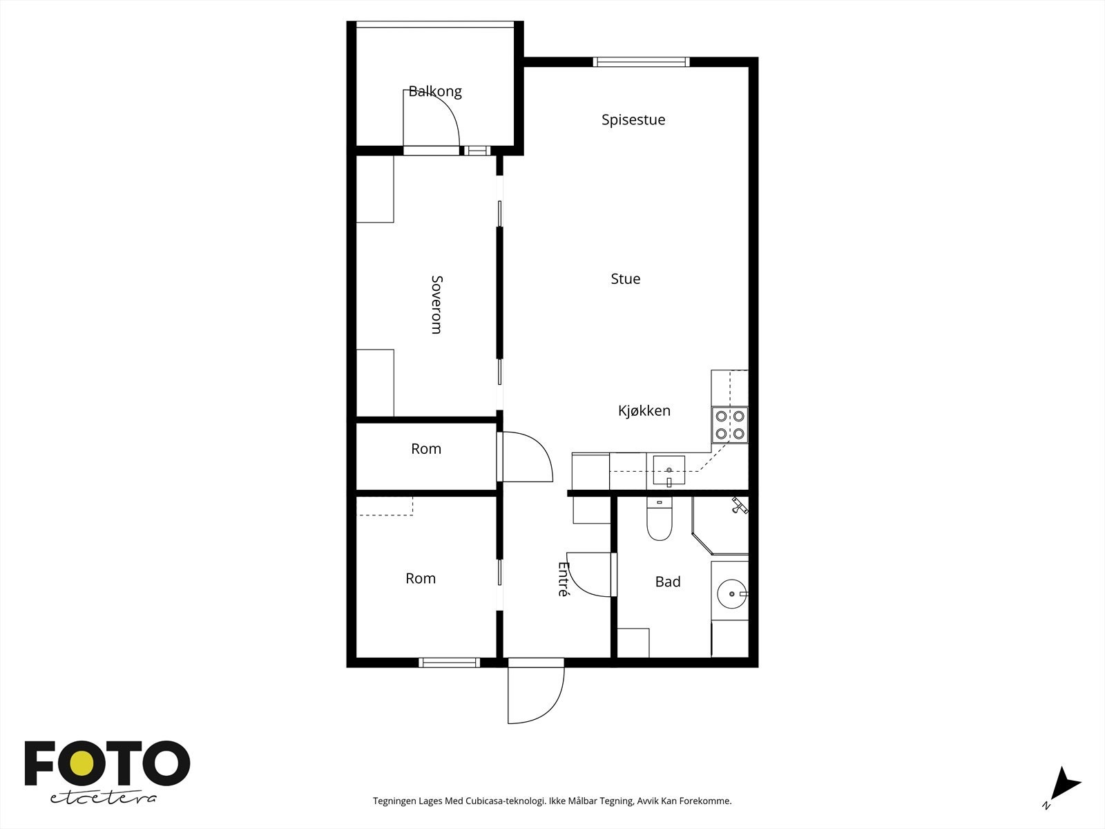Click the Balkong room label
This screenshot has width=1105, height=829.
tap(435, 92)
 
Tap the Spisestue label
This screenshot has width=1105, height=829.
tap(633, 120)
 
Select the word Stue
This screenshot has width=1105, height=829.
tap(626, 279)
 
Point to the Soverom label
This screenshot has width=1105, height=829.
tap(437, 305)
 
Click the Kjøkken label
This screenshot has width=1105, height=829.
tap(644, 411)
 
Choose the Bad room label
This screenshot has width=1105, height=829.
tap(668, 582)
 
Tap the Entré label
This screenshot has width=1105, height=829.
tap(564, 579)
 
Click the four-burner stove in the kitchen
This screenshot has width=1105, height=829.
tap(729, 425)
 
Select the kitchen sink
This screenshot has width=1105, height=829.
tap(669, 470)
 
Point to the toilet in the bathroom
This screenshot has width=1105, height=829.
tap(660, 518)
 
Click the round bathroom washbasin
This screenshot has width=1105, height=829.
tap(731, 594)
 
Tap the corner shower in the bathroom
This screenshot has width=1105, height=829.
tap(720, 526)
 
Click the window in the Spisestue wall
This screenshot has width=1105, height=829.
tap(641, 62)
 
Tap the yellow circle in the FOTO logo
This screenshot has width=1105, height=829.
tap(81, 763)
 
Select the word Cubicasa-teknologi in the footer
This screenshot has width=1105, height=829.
tap(506, 801)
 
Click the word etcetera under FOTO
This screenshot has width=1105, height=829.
tap(103, 799)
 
